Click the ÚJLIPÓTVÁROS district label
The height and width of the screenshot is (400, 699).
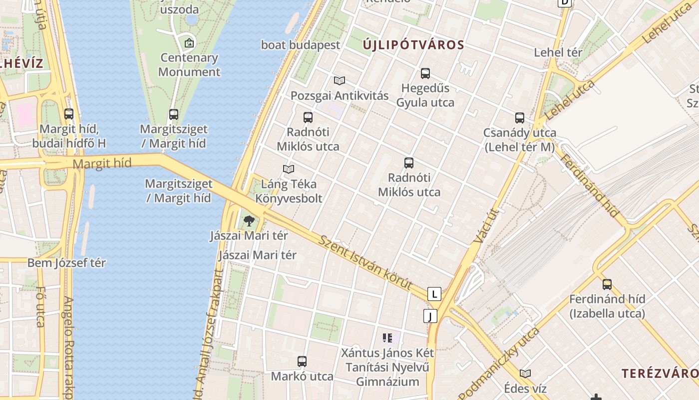click(x=413, y=45)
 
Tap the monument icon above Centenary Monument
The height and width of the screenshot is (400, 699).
click(x=189, y=43)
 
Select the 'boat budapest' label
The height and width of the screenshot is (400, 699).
click(x=301, y=45)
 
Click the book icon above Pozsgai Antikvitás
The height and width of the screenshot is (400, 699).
click(x=340, y=80)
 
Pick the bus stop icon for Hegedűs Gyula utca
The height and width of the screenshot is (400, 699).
click(x=425, y=73)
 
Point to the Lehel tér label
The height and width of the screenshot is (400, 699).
click(x=558, y=52)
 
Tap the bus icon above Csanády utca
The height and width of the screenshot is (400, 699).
click(x=520, y=118)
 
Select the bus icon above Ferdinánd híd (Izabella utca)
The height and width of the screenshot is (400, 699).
click(x=607, y=284)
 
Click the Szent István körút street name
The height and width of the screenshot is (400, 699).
click(x=366, y=263)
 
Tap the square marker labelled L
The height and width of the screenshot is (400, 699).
click(x=434, y=294)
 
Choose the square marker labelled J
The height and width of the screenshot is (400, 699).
click(x=430, y=316)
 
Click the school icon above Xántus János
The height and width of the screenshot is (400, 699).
click(x=387, y=338)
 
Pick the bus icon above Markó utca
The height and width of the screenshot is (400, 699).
click(x=302, y=361)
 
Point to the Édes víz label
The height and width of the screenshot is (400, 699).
click(x=525, y=388)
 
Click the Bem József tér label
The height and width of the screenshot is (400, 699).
click(x=66, y=262)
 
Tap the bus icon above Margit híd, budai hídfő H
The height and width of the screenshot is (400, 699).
click(x=69, y=114)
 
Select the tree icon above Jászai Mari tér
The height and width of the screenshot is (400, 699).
click(x=249, y=220)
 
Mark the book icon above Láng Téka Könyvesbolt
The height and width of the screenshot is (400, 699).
click(x=289, y=169)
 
